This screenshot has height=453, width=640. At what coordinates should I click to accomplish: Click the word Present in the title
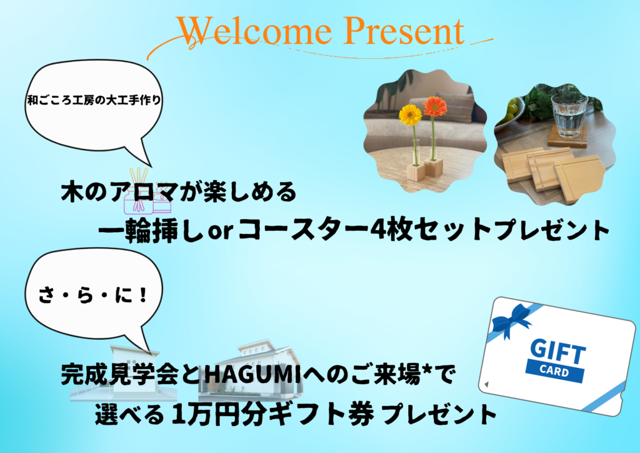[x=404, y=31]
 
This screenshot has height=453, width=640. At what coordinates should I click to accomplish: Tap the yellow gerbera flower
[x=410, y=115]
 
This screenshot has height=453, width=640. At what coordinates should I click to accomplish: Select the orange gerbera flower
[x=435, y=106]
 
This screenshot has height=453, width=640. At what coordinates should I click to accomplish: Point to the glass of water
[x=569, y=115]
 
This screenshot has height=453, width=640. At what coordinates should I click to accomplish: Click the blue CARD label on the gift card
[x=554, y=370]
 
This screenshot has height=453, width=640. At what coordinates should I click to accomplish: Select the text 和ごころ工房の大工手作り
[x=94, y=100]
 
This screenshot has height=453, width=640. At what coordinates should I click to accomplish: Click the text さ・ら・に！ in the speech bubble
[x=92, y=295]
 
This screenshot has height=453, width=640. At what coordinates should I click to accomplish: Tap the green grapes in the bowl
[x=510, y=110]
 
